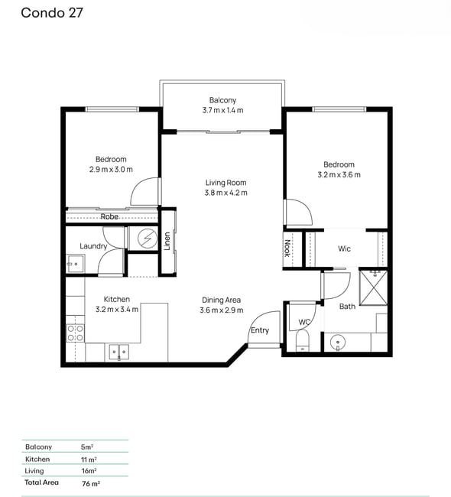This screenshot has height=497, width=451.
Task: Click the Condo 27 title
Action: pyautogui.click(x=52, y=13)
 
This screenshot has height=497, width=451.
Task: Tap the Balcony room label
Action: pyautogui.click(x=222, y=100)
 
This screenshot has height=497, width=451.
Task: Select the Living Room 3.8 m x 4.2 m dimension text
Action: pyautogui.click(x=226, y=193)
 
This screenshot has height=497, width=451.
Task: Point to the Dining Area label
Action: pyautogui.click(x=221, y=300)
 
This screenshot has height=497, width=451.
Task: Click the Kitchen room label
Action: pyautogui.click(x=117, y=299)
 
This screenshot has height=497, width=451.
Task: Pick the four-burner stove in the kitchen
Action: pyautogui.click(x=76, y=333)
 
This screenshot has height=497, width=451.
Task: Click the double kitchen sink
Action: pyautogui.click(x=118, y=352)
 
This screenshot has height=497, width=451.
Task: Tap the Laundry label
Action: pyautogui.click(x=93, y=246)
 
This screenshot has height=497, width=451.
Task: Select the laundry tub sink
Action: pyautogui.click(x=75, y=263)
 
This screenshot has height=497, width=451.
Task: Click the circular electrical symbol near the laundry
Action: pyautogui.click(x=148, y=239)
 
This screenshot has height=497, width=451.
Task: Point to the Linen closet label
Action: pyautogui.click(x=167, y=241)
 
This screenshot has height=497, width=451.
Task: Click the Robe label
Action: pyautogui.click(x=109, y=216)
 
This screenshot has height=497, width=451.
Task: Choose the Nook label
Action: pyautogui.click(x=287, y=248)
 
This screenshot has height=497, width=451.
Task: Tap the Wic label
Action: pyautogui.click(x=344, y=248)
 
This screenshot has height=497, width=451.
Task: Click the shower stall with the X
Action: pyautogui.click(x=373, y=287)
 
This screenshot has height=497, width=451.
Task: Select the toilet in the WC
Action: pyautogui.click(x=303, y=340)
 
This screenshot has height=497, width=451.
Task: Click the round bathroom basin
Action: pyautogui.click(x=338, y=343)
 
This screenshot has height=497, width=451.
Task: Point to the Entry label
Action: pyautogui.click(x=260, y=330)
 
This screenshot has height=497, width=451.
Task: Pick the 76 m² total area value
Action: pyautogui.click(x=91, y=483)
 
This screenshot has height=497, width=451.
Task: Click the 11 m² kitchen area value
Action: pyautogui.click(x=89, y=460)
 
